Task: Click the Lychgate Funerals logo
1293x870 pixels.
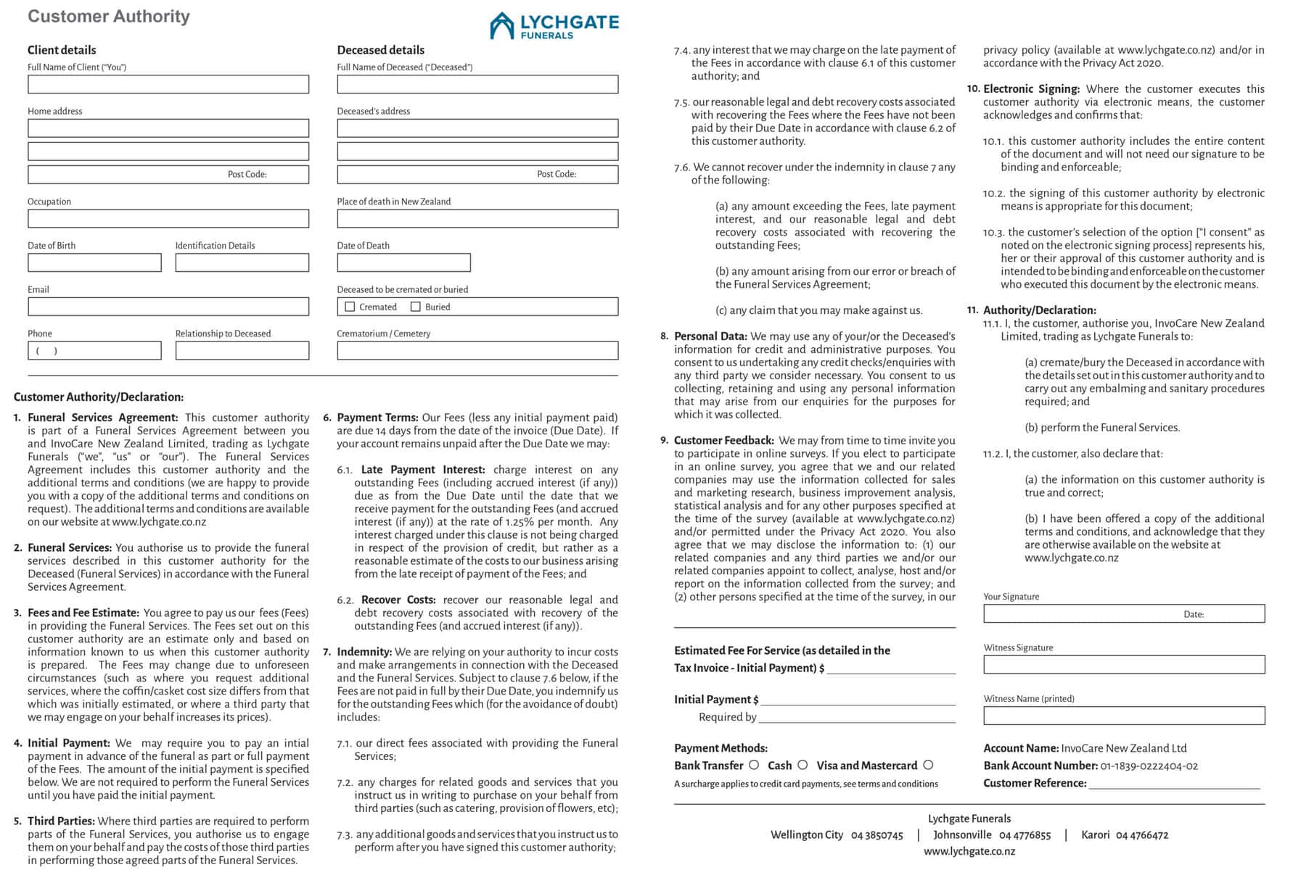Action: pyautogui.click(x=554, y=25)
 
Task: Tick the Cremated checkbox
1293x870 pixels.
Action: pyautogui.click(x=350, y=307)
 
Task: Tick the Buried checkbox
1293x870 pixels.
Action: pyautogui.click(x=416, y=307)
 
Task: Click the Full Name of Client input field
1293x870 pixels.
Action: pyautogui.click(x=168, y=84)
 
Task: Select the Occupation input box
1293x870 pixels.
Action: pyautogui.click(x=168, y=218)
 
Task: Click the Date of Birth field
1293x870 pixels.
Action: pyautogui.click(x=94, y=262)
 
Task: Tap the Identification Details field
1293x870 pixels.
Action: pyautogui.click(x=242, y=262)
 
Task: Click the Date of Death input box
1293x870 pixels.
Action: pyautogui.click(x=403, y=262)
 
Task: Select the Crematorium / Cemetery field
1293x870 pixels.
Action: pyautogui.click(x=477, y=351)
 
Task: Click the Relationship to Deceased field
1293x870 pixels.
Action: pyautogui.click(x=242, y=351)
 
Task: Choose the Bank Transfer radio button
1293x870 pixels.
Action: pyautogui.click(x=754, y=765)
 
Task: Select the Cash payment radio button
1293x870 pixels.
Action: pyautogui.click(x=803, y=765)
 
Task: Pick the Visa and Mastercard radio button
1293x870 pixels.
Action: pyautogui.click(x=928, y=765)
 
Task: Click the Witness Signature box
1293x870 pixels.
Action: pyautogui.click(x=1124, y=665)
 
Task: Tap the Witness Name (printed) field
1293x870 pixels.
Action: pyautogui.click(x=1124, y=716)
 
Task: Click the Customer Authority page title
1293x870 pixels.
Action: pyautogui.click(x=109, y=16)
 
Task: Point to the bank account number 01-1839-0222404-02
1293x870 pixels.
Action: pyautogui.click(x=1149, y=766)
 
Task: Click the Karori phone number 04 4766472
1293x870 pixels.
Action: pyautogui.click(x=1142, y=835)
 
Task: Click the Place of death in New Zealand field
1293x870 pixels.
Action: pyautogui.click(x=477, y=218)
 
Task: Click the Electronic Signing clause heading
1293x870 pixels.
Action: pyautogui.click(x=1031, y=88)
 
